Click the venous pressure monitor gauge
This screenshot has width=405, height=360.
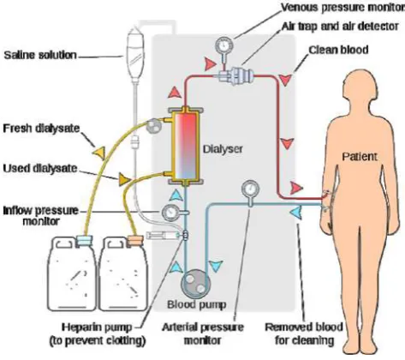coord(224,45)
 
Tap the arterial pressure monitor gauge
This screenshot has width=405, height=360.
coord(250,189)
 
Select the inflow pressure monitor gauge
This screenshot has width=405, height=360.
coord(170,213)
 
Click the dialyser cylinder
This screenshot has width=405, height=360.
coord(186,146)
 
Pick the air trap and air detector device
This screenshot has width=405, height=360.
coord(237,75)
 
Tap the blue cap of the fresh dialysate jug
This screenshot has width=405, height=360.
coord(85,240)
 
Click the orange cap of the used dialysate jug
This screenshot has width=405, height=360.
coord(134,240)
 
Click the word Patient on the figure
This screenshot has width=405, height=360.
coord(360,157)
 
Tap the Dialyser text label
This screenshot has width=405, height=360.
coord(223,149)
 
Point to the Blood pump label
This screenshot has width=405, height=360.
coord(197,304)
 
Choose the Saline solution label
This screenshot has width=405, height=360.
coord(40,55)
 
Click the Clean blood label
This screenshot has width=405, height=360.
coord(338,50)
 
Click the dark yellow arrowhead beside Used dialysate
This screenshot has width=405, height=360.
coord(124,179)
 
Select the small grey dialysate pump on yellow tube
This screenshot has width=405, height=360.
coord(153,126)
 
